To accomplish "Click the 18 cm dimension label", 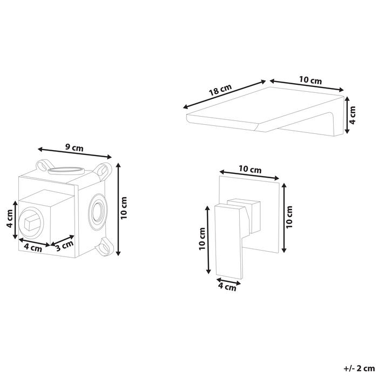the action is (220, 90).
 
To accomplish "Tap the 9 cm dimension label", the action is (75, 147).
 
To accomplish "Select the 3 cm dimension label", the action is (64, 246).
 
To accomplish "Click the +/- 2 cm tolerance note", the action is (359, 369).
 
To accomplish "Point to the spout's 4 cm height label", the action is (352, 115).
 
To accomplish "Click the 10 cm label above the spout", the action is (310, 80).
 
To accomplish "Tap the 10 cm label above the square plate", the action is (250, 169).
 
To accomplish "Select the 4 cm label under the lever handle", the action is (227, 287).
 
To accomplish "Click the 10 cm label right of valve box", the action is (124, 208).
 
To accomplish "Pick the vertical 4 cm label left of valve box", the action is (9, 218).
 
